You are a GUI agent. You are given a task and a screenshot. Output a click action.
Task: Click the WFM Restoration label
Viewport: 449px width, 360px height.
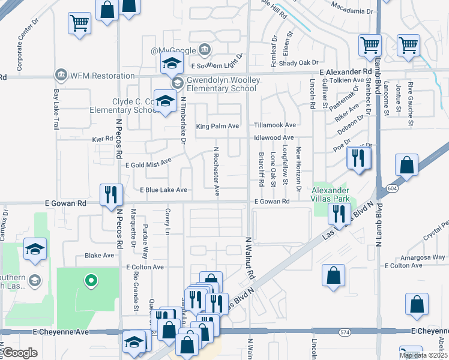pos(102,76)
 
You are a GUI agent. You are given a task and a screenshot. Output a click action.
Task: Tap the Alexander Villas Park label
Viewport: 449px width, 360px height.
pos(330,194)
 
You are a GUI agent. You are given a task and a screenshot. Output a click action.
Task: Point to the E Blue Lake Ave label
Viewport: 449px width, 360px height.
pos(164,190)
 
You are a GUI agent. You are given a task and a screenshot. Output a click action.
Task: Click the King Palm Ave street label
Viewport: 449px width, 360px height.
pos(217,127)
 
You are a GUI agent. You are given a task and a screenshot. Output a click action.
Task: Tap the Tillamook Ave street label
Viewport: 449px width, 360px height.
pos(275,125)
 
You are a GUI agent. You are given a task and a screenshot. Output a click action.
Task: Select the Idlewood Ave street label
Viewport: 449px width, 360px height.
pos(274,138)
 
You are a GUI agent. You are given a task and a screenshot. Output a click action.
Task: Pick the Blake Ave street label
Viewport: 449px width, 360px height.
pos(99,255)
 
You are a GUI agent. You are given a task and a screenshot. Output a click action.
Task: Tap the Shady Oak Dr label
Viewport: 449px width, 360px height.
pos(298,62)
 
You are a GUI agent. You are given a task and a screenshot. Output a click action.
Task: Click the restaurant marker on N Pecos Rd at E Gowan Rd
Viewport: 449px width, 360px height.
pos(111,194)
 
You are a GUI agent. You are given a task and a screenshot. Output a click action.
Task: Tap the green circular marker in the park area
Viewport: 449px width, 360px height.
pos(91,280)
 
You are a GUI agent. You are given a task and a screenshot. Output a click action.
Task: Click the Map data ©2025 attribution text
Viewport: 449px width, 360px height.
pos(423,355)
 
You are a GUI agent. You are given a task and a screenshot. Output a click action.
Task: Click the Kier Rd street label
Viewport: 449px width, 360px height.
pos(103,139)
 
